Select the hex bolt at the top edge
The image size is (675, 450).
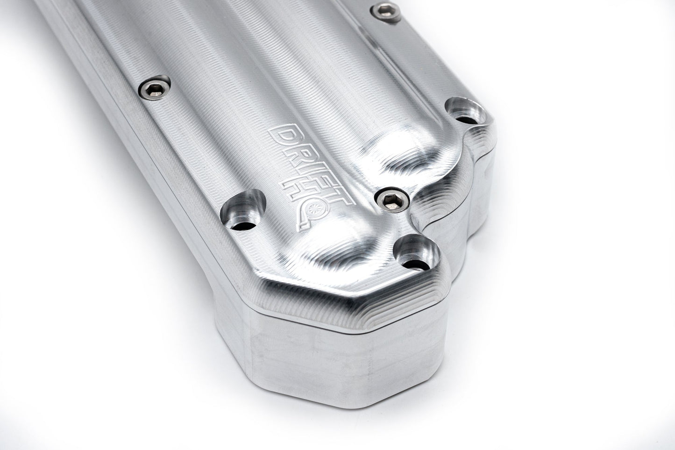[x=386, y=13]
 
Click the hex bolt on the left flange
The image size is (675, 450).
[x=155, y=87]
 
